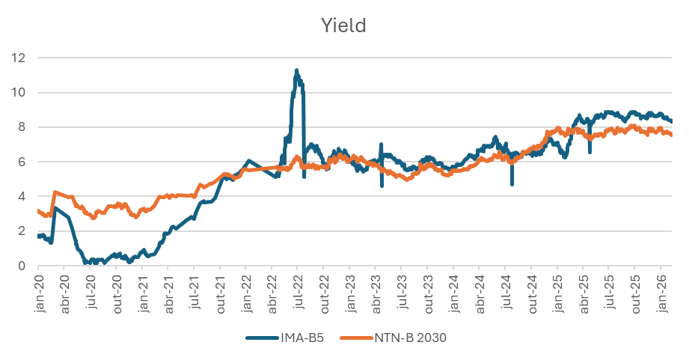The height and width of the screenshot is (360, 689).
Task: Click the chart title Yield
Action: coord(343,26)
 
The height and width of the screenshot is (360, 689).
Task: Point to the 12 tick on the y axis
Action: coord(21,58)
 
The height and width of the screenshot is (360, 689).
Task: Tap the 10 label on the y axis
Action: coord(21,93)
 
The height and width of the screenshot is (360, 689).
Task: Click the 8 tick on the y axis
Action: coord(24,127)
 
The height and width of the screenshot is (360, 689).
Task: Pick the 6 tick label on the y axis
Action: coord(24,162)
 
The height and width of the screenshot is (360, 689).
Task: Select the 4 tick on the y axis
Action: coord(24,197)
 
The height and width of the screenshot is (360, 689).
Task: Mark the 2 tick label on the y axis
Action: coord(24,231)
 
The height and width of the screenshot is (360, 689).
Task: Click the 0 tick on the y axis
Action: coord(24,266)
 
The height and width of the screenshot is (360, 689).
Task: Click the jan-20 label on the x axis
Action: coord(38,287)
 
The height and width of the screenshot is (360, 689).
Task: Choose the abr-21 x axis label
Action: coord(168,287)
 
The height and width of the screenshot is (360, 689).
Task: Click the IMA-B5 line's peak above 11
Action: coord(297,70)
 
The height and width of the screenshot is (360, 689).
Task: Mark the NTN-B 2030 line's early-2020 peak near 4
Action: coord(55,192)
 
